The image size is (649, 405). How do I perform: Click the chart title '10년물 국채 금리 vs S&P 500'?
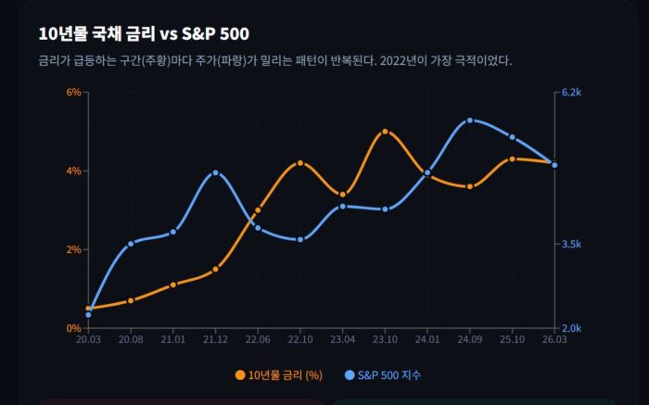click(144, 34)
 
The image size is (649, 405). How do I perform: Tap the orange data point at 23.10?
click(385, 132)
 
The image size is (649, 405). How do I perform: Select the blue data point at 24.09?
click(470, 120)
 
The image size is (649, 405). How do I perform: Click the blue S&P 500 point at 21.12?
click(215, 172)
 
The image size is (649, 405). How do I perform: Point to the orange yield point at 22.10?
click(300, 163)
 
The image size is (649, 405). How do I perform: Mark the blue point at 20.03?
click(88, 315)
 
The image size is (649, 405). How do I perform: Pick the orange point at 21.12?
click(215, 270)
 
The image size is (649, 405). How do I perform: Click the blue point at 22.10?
click(300, 240)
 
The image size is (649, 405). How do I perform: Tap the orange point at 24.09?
click(470, 186)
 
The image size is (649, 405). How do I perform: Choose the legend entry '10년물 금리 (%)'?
click(279, 375)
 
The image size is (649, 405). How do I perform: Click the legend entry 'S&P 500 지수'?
click(382, 375)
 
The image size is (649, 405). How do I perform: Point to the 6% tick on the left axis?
click(72, 92)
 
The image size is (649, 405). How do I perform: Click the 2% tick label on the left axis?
click(72, 249)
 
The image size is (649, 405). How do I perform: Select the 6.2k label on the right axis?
click(571, 93)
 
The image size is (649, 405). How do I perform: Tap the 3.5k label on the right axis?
click(571, 245)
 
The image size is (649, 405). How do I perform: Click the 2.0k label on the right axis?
click(571, 328)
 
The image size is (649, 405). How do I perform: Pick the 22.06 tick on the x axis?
click(258, 340)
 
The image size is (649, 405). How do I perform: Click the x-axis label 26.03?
click(554, 340)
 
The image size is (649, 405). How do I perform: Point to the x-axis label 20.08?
click(131, 340)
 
